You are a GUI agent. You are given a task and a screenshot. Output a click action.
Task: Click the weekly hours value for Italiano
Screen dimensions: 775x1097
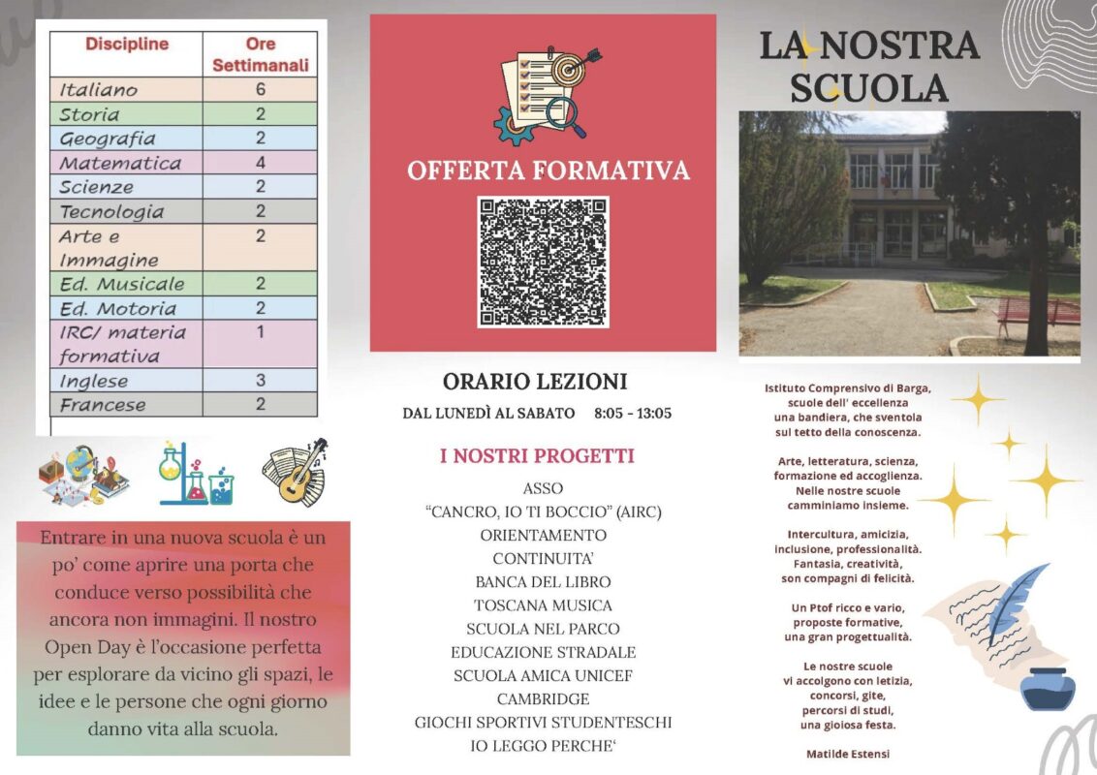click(260, 89)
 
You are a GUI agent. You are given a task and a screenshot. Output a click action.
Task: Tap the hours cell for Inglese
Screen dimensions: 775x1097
click(260, 380)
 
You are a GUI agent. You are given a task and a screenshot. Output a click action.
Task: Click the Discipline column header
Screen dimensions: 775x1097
click(126, 45)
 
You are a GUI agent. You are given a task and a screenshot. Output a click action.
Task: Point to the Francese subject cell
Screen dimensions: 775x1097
click(103, 405)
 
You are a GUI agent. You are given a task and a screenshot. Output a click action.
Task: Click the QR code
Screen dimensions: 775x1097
click(543, 263)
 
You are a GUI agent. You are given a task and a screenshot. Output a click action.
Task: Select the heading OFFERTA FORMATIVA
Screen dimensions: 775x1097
click(548, 171)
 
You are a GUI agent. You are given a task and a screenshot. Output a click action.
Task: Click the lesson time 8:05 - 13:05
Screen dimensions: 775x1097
click(633, 414)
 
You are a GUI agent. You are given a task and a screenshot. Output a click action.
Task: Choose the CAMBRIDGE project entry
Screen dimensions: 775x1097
click(543, 699)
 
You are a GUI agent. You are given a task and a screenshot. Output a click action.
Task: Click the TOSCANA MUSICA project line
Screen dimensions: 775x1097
click(543, 605)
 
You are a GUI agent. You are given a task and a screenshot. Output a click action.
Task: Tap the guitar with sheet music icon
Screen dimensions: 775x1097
click(296, 473)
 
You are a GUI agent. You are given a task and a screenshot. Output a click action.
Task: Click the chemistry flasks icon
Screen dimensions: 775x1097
click(195, 475)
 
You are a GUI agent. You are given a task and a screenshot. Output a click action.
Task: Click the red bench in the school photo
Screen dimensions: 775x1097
click(1038, 313)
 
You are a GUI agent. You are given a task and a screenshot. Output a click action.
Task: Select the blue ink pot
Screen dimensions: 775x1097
click(1047, 688)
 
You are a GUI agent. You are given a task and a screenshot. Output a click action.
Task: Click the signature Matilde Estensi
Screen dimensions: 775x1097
click(847, 754)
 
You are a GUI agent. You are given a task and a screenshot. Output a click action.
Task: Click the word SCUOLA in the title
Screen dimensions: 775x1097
click(868, 88)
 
